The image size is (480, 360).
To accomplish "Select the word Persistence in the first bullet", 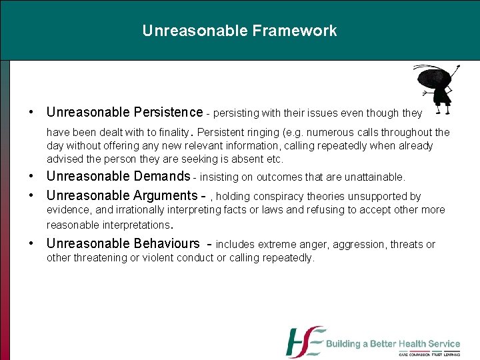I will pos(168,112).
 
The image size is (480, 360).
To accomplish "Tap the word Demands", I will pos(162,177).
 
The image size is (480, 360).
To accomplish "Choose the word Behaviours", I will pos(167,244).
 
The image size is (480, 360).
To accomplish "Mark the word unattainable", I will pos(375,177).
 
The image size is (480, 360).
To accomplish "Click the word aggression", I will pos(363,245).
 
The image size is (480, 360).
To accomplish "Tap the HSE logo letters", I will pos(305,342).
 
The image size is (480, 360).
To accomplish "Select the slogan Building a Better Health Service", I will pos(393,344).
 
